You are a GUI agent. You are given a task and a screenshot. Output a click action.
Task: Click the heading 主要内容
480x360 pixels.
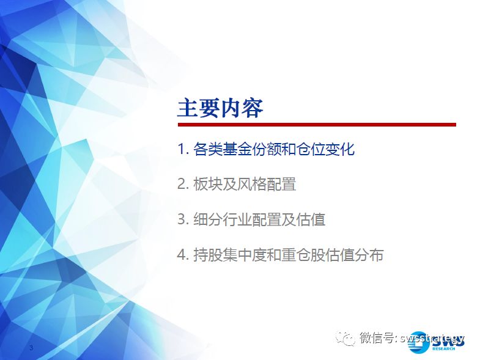tap(220, 108)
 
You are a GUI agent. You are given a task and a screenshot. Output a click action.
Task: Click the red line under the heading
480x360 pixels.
tap(317, 125)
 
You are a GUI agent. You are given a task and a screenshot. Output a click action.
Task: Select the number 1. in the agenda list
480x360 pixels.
tap(183, 149)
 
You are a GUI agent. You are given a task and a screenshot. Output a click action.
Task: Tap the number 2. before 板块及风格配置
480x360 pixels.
tap(183, 185)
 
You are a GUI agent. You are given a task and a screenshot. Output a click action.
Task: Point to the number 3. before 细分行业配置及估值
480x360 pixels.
tap(183, 219)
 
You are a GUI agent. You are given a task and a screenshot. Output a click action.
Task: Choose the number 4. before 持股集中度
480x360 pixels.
tap(183, 255)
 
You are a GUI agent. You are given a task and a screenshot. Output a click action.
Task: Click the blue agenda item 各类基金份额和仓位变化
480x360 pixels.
tap(274, 149)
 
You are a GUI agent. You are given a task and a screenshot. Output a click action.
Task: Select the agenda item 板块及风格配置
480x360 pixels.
tap(245, 185)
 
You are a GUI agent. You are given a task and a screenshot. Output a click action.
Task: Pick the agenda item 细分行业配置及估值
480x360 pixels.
tap(259, 219)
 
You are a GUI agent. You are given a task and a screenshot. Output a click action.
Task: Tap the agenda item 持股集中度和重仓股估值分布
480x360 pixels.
tap(289, 255)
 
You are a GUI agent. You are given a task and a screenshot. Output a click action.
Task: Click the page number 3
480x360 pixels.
tap(31, 347)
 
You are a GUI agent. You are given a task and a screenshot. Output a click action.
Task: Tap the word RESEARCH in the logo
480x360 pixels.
tap(443, 348)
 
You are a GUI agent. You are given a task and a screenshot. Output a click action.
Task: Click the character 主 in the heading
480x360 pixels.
tap(188, 108)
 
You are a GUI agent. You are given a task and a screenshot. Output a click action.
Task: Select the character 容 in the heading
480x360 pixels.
tap(253, 108)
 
